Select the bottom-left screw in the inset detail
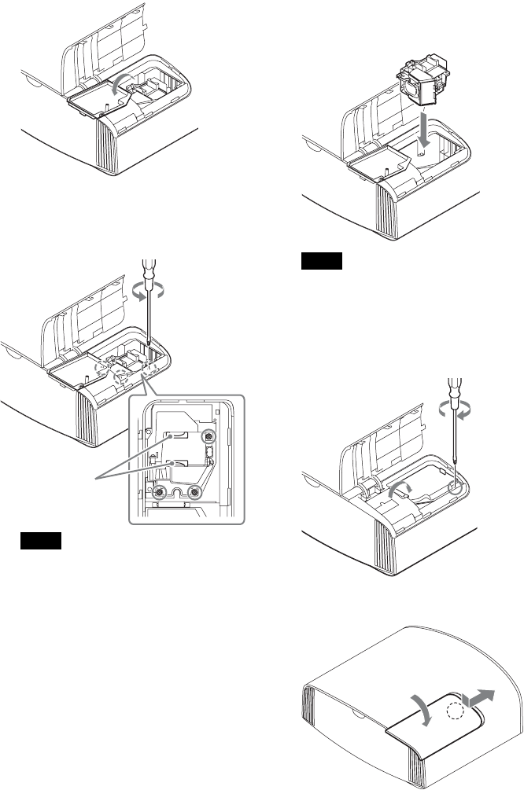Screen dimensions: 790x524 161,493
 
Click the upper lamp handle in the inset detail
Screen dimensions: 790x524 178,435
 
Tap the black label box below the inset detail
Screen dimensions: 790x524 39,543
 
